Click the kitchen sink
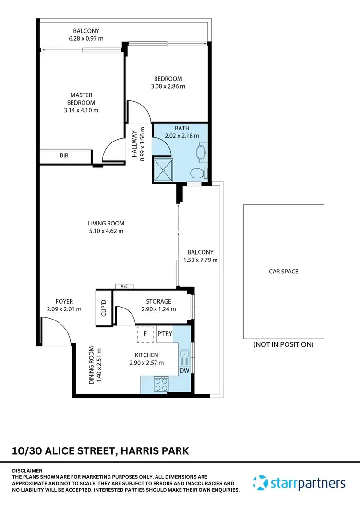185,356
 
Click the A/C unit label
124,287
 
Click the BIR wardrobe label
64,156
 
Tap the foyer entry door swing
55,333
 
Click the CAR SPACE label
283,272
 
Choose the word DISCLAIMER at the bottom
27,470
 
